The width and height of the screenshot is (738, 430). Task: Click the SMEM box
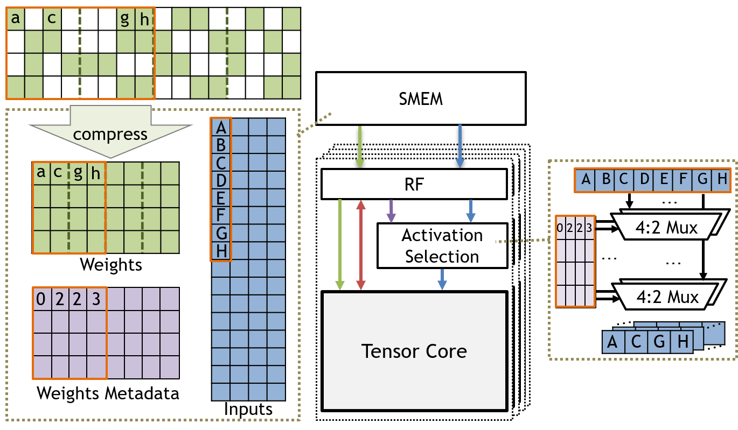(421, 98)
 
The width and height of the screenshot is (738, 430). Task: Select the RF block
(414, 184)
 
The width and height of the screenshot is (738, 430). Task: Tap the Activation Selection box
(442, 245)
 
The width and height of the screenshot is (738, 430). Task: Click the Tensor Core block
(414, 351)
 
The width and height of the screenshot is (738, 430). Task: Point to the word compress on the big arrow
(110, 135)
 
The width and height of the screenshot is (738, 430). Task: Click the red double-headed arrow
(361, 245)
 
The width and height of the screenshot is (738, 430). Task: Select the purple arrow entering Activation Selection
(391, 211)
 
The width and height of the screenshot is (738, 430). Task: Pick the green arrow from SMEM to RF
(360, 146)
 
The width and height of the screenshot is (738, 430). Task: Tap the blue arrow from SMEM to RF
(460, 146)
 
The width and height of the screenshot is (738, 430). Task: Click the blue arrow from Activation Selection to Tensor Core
(442, 279)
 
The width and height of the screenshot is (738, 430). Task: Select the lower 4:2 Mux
(667, 297)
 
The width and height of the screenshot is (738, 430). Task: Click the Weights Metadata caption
(108, 393)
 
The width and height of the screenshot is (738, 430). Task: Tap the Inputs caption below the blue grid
(248, 409)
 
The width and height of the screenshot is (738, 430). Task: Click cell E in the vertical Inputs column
(221, 198)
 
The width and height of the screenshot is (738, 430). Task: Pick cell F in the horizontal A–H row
(683, 179)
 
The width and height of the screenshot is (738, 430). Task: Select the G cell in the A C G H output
(659, 342)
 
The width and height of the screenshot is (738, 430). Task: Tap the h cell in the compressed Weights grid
(96, 173)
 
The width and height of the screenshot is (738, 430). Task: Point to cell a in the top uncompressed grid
(16, 19)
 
